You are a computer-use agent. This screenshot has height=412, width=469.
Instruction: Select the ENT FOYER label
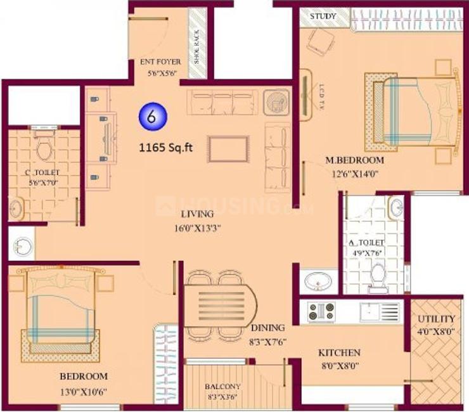click(161, 62)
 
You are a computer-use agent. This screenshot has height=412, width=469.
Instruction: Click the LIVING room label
click(196, 214)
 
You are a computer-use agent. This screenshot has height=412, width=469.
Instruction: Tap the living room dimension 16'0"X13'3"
click(198, 228)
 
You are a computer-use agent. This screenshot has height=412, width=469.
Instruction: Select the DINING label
click(267, 328)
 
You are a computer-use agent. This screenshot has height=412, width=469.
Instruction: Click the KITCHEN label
click(339, 352)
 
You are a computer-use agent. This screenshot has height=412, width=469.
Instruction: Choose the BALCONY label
click(222, 385)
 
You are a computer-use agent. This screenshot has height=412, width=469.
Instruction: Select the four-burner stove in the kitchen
click(321, 311)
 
